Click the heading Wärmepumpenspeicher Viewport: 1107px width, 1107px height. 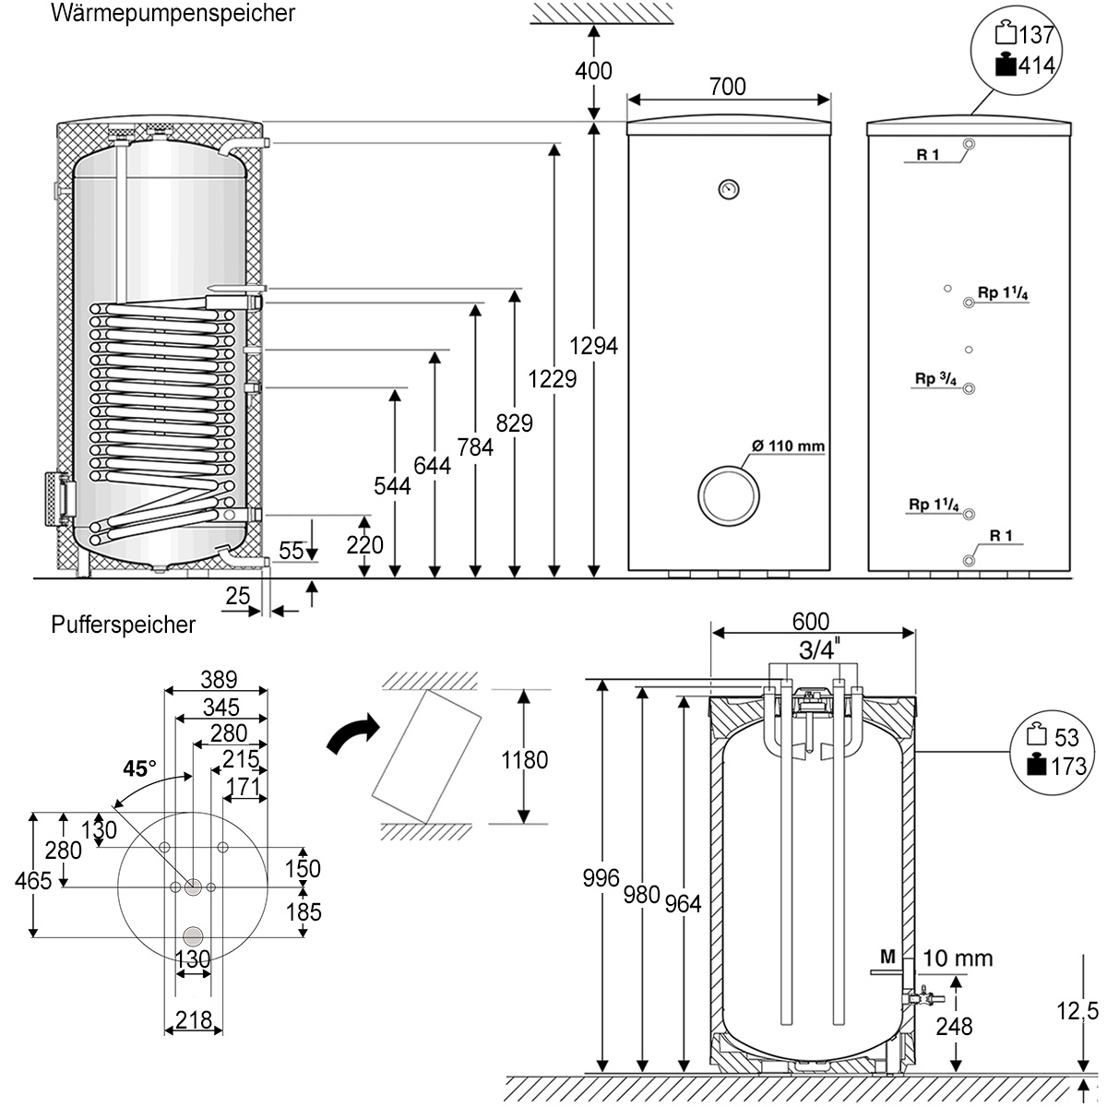[173, 14]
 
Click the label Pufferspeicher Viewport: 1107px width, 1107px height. [124, 625]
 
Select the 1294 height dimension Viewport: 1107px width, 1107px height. [594, 347]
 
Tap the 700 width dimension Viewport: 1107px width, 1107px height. [728, 87]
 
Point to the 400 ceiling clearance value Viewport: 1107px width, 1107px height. [593, 70]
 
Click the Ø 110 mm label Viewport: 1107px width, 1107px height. [787, 446]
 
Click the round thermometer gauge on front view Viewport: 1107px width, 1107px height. [728, 189]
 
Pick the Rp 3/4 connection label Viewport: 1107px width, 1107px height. [933, 377]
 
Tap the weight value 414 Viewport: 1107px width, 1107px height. [1037, 64]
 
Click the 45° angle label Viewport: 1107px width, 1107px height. [141, 768]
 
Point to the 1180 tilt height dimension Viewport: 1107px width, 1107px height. [524, 759]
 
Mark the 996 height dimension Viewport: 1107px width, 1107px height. [601, 879]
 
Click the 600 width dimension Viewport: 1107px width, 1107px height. [811, 622]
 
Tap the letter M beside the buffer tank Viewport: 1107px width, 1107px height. [887, 958]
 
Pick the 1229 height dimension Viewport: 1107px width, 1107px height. [553, 378]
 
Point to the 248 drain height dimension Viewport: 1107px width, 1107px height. [954, 1026]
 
